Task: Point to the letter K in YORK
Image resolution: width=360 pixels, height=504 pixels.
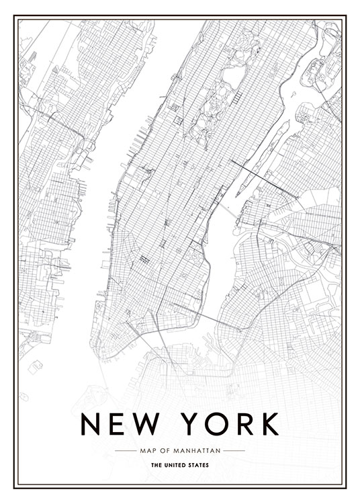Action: coord(267,423)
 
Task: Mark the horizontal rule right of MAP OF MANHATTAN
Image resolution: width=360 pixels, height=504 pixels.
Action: coord(234,450)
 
